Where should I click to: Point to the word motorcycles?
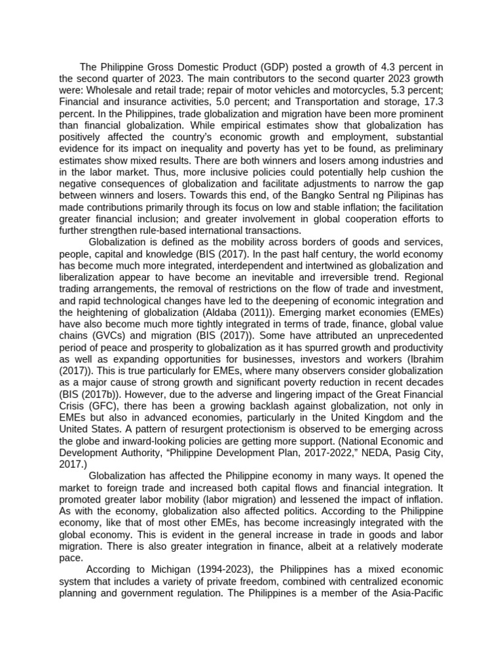tap(368, 91)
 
